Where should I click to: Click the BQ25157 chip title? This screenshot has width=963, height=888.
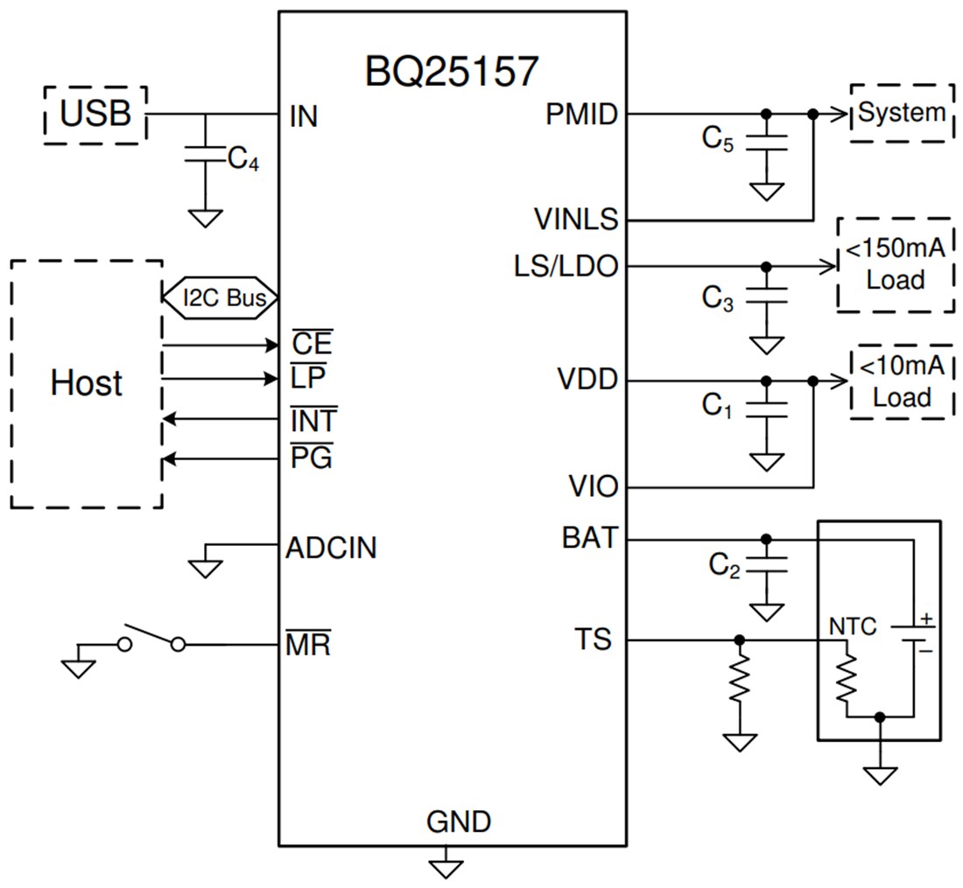(x=451, y=71)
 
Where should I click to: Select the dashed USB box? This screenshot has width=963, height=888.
(x=95, y=114)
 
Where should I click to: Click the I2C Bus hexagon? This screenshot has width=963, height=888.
(x=220, y=297)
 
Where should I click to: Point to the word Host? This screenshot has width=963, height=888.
(x=86, y=383)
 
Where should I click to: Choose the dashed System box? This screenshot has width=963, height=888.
(x=901, y=113)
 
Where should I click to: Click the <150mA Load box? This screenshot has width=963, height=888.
(x=895, y=264)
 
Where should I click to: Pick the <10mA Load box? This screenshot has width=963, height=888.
(x=901, y=381)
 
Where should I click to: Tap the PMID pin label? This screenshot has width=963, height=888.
(x=580, y=114)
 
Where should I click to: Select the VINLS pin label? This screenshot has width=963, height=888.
(x=577, y=219)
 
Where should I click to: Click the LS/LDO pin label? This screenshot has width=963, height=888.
(x=566, y=265)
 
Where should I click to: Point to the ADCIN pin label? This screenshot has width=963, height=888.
(x=331, y=549)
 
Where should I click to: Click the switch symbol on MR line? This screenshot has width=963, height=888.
(x=151, y=640)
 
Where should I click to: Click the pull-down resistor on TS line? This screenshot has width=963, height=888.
(x=740, y=679)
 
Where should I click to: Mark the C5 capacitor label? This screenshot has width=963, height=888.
(x=717, y=140)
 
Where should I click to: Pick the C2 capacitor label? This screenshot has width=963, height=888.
(x=725, y=567)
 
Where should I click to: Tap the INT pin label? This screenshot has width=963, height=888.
(x=313, y=421)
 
